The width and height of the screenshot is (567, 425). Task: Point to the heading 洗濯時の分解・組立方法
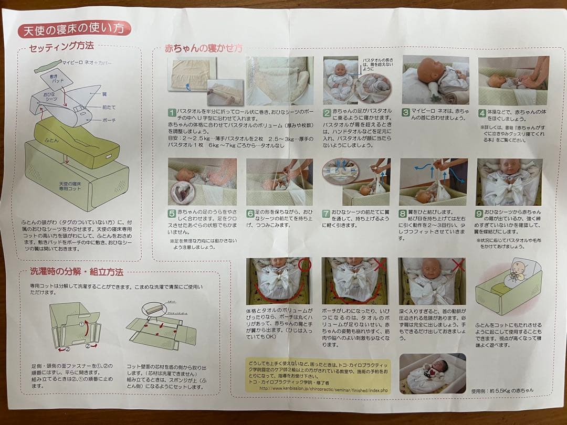point(77,272)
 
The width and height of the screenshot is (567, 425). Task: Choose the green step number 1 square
point(171,112)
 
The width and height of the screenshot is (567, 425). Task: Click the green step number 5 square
point(171,214)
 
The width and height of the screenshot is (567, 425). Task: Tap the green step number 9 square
point(479,214)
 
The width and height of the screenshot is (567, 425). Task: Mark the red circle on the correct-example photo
point(303,265)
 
